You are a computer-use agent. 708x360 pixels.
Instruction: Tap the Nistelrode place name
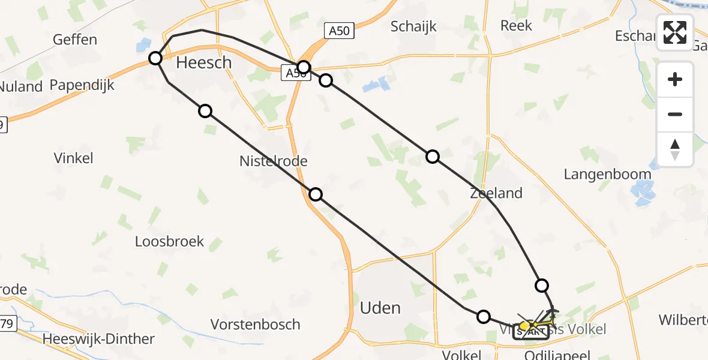(273, 161)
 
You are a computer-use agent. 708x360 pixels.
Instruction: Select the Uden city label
(380, 308)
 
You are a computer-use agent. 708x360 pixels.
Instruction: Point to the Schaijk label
(413, 26)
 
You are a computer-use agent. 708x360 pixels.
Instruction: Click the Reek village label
(516, 25)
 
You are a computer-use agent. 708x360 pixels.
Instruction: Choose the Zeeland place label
(496, 193)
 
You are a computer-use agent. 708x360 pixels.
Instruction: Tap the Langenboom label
(607, 174)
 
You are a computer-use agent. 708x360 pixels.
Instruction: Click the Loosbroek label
(169, 242)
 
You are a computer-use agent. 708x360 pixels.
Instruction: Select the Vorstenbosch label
(255, 325)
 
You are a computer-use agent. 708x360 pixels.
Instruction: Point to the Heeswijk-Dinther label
(99, 339)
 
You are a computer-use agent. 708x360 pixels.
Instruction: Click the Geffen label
(75, 40)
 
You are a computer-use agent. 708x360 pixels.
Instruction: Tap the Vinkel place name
(73, 158)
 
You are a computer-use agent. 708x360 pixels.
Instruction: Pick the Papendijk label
(82, 85)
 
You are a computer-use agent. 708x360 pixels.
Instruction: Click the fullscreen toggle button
(675, 32)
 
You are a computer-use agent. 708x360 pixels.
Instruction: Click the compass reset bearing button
(675, 149)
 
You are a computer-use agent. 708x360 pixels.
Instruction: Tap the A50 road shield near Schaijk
(340, 31)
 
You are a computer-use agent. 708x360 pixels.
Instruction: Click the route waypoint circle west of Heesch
(155, 58)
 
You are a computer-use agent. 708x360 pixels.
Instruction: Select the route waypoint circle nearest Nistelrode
(316, 194)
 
